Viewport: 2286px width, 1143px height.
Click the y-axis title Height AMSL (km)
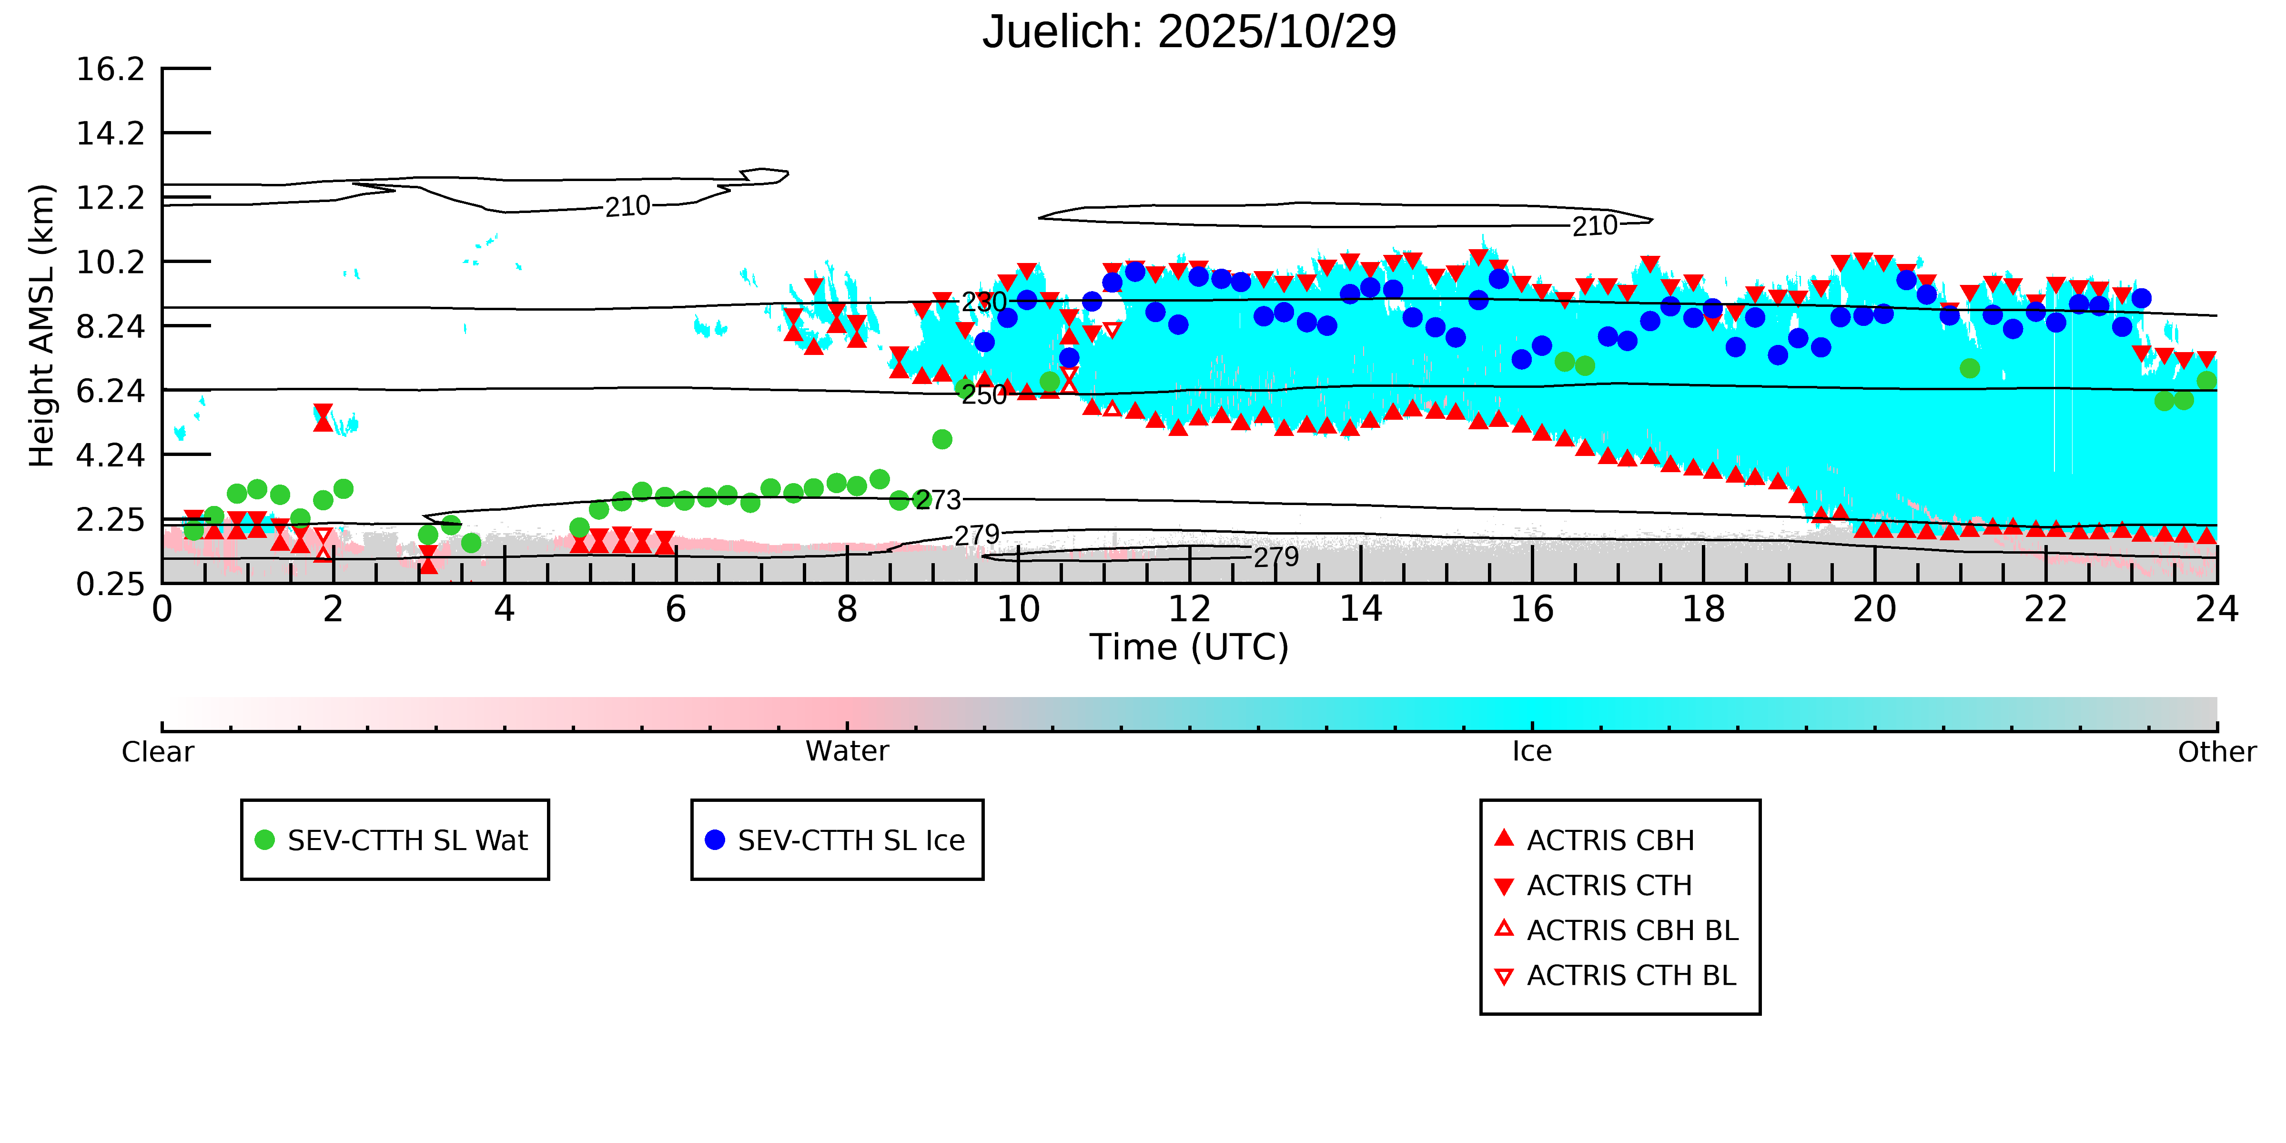[42, 326]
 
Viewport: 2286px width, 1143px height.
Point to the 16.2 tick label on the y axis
[110, 69]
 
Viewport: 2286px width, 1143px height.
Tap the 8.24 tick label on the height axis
[110, 326]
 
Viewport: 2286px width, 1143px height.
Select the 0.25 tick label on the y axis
[110, 584]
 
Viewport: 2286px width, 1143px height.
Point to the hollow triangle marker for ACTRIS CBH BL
[1503, 929]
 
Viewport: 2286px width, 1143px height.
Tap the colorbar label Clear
[158, 752]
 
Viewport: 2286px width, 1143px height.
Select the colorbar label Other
[2216, 752]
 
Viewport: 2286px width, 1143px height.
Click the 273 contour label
[938, 500]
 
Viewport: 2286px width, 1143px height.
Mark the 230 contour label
[984, 302]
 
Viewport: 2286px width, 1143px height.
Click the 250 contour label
[984, 394]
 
